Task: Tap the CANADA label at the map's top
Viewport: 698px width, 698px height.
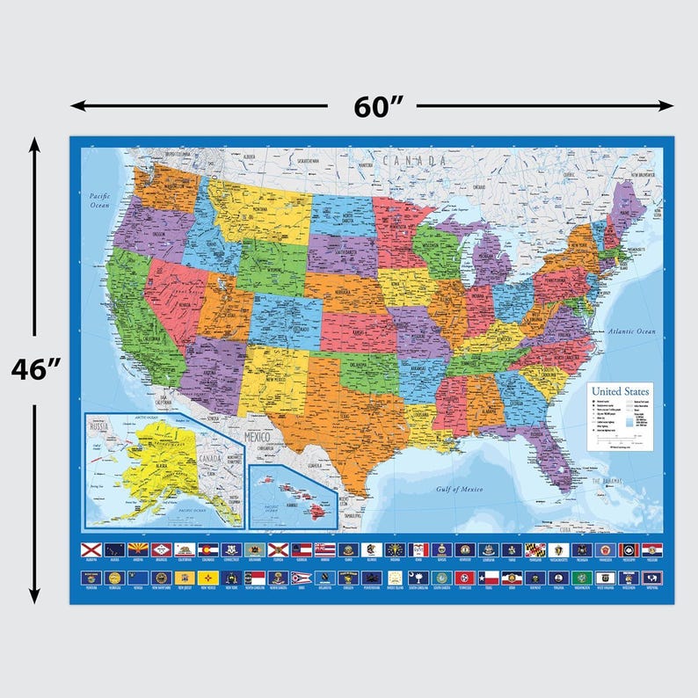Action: pos(409,161)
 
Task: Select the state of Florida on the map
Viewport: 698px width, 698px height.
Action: pos(553,448)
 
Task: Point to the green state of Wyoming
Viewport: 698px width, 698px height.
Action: pos(272,264)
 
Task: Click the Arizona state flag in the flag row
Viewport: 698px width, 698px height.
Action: pos(136,549)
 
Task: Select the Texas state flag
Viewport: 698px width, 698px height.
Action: pos(489,578)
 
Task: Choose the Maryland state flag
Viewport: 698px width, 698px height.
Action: pos(534,549)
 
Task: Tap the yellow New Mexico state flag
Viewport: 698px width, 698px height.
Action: pos(207,578)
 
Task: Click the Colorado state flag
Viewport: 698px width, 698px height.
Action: pos(207,549)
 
